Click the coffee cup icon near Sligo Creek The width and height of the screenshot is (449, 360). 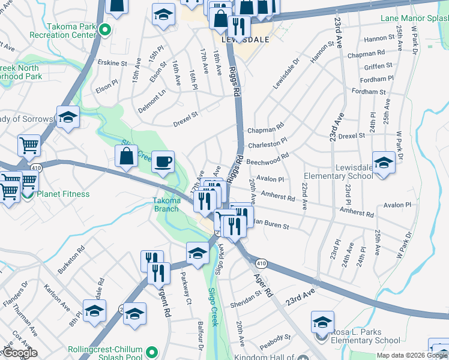[163, 162]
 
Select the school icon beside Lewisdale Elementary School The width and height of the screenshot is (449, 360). [384, 163]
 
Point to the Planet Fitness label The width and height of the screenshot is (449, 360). [63, 194]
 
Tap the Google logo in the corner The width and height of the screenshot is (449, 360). [19, 352]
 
